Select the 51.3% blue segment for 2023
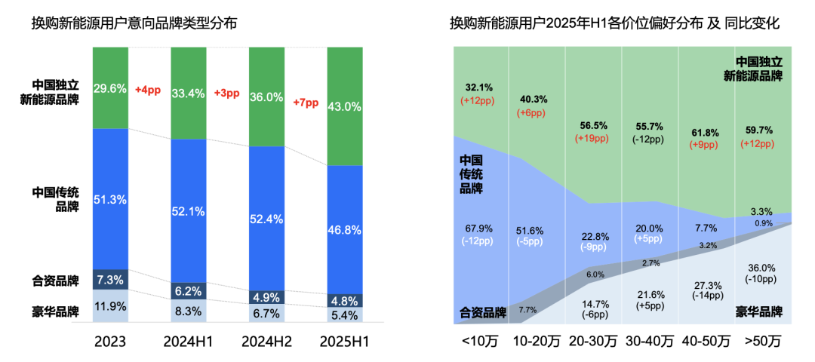(110, 199)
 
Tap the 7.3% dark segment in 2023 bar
(110, 280)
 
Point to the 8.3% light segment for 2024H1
(189, 310)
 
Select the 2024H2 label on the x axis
(266, 342)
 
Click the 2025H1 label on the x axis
(344, 342)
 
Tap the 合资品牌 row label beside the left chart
(56, 281)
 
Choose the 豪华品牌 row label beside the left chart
(56, 311)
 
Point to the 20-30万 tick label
(592, 342)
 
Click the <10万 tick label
(479, 342)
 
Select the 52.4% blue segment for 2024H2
(266, 219)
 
